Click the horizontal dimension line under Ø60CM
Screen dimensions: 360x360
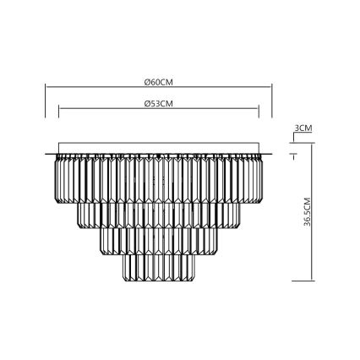[101, 88]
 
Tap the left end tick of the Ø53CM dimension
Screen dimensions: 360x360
[58, 110]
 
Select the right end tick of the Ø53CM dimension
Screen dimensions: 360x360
[259, 110]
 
